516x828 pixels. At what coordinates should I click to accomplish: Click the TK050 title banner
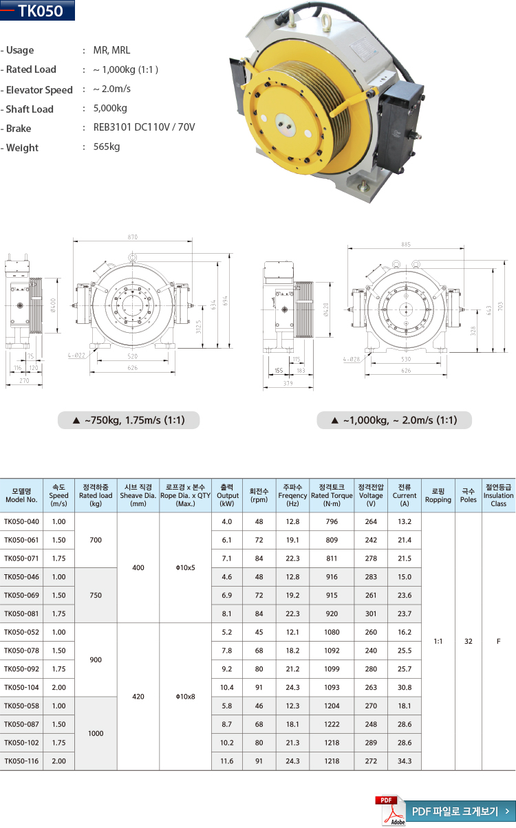click(x=37, y=10)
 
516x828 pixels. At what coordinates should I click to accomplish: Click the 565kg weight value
click(x=107, y=146)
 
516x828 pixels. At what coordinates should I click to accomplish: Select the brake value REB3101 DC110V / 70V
click(x=144, y=127)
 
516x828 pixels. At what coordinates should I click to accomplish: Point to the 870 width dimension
click(x=132, y=237)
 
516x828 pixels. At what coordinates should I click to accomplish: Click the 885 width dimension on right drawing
click(x=406, y=244)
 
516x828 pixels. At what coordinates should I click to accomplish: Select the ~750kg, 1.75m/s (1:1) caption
click(x=129, y=420)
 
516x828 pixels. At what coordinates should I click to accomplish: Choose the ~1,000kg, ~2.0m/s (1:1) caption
click(x=394, y=420)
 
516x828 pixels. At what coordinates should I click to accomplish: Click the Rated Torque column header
click(x=332, y=495)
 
